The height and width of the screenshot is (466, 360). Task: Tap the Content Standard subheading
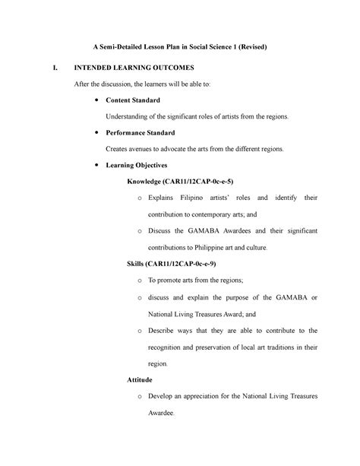pyautogui.click(x=134, y=100)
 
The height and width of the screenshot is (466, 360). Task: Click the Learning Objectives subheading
pyautogui.click(x=137, y=165)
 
